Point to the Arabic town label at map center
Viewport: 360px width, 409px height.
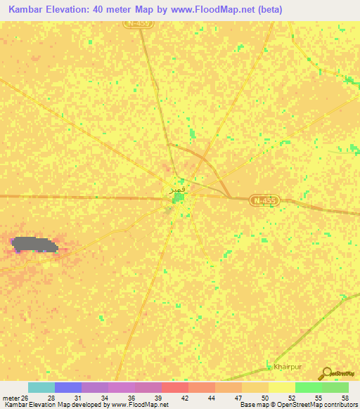(x=178, y=190)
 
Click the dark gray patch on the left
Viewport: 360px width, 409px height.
(x=34, y=245)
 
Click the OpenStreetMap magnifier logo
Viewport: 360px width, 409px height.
(x=326, y=374)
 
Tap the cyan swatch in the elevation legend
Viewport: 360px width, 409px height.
(x=41, y=387)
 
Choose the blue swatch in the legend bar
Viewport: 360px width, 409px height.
(x=67, y=387)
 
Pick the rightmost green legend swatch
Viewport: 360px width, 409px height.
(x=335, y=387)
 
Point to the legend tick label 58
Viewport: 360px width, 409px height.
(x=345, y=397)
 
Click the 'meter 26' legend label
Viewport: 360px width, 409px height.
(x=16, y=397)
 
